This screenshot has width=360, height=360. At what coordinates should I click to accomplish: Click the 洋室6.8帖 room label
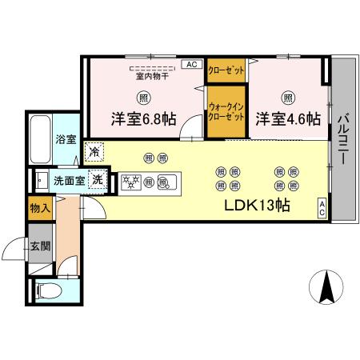pos(143,121)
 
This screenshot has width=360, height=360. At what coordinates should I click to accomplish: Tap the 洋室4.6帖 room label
pos(288,120)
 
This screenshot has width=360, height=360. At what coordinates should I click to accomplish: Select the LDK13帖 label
pos(256,205)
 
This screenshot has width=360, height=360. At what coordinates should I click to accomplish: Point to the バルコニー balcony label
pos(342,140)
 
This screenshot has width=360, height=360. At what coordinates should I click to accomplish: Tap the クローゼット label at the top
pos(226,70)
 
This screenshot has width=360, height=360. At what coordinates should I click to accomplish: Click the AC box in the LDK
pos(322,207)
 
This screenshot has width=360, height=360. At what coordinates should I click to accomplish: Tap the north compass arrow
pos(326,288)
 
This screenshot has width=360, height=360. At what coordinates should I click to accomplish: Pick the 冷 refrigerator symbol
pos(95,151)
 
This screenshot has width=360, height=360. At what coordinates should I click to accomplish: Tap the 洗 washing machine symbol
pos(98,180)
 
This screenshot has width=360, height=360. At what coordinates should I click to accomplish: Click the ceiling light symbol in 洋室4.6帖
pos(287,98)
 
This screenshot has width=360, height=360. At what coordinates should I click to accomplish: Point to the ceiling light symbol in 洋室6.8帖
pos(143,98)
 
